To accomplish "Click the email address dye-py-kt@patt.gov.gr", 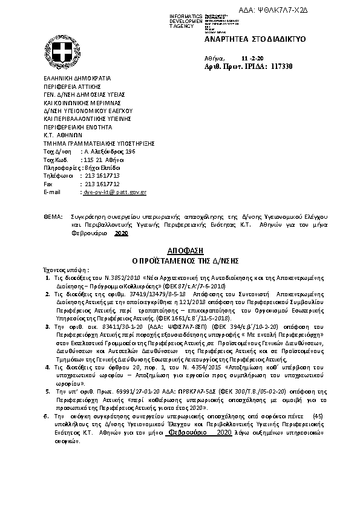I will tap(114, 192).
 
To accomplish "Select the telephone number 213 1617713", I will tap(102, 175).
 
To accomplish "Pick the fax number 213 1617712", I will tap(102, 183).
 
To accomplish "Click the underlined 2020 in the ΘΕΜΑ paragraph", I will tap(122, 232).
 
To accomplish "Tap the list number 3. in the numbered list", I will tap(48, 326).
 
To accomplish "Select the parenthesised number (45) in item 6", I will tap(317, 416).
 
